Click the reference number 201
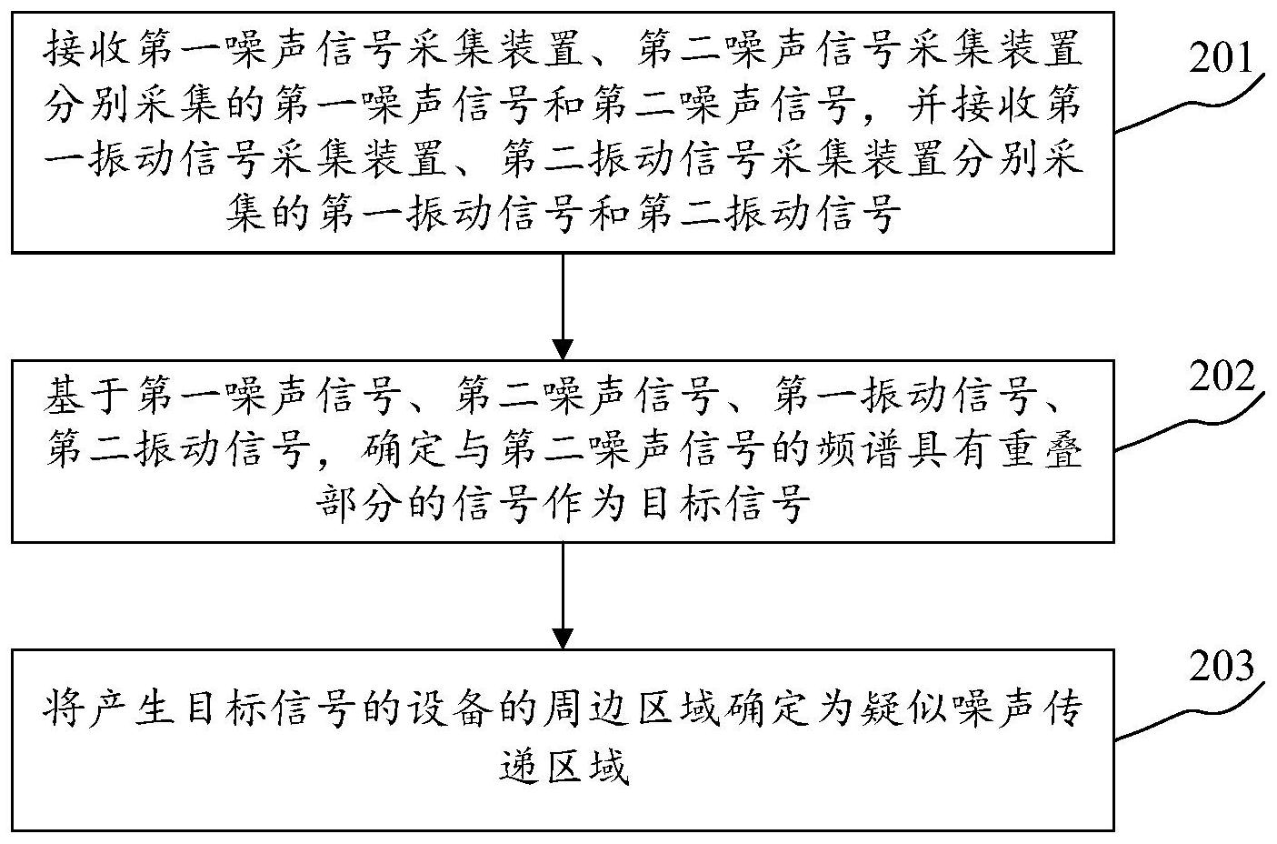point(1222,58)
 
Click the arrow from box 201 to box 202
point(563,306)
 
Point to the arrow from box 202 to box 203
point(563,596)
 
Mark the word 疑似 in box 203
point(904,708)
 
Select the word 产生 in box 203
point(130,708)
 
